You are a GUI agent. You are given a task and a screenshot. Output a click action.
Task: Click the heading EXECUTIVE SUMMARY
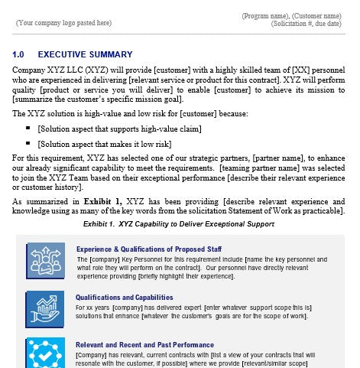[x=85, y=55]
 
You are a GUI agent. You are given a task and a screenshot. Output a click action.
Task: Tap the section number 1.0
[x=19, y=55]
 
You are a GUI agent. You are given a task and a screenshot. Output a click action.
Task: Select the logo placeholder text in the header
[x=63, y=23]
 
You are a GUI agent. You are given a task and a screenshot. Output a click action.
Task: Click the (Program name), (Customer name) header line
[x=291, y=16]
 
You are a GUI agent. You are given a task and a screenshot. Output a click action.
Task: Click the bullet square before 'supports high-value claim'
[x=28, y=128]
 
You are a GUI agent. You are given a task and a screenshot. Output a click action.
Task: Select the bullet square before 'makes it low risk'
[x=28, y=143]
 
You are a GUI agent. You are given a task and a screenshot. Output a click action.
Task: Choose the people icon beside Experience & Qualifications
[x=44, y=260]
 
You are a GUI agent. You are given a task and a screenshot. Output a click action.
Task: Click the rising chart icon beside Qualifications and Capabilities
[x=44, y=306]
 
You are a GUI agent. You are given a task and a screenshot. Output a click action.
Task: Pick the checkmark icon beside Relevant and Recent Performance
[x=44, y=353]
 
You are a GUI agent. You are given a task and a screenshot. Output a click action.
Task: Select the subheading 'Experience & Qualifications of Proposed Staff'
[x=148, y=249]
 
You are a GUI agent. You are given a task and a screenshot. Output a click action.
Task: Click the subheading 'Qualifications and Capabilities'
[x=124, y=298]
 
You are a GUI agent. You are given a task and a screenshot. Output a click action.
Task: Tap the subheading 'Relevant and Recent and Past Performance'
[x=144, y=345]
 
